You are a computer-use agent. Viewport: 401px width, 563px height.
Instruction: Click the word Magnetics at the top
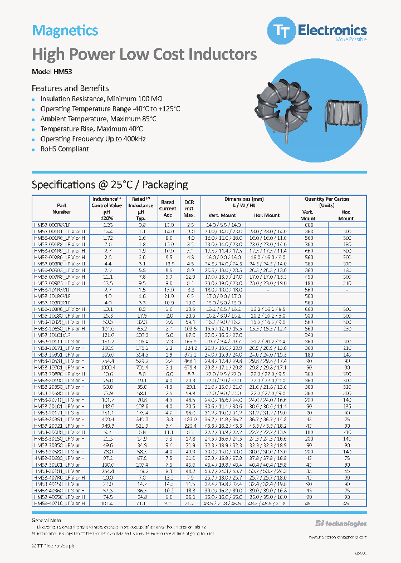coord(65,31)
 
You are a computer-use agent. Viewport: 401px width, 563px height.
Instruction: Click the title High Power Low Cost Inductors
coord(144,55)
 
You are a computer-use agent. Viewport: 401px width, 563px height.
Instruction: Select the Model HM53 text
coord(52,72)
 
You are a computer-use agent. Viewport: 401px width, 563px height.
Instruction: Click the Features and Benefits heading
coord(70,88)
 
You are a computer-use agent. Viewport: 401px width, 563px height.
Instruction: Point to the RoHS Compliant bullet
coord(65,149)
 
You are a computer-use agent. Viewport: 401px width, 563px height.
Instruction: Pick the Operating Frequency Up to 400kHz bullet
coord(93,139)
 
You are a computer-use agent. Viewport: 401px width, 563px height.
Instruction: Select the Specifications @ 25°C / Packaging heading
coord(110,185)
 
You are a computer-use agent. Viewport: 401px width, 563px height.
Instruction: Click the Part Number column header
coord(62,209)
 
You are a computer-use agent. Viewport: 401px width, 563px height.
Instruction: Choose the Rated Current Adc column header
coord(168,209)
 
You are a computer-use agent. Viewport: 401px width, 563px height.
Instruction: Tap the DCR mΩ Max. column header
coord(189,209)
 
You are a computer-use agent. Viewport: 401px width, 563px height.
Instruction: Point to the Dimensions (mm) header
coord(244,199)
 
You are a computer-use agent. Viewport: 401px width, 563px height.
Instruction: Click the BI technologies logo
coord(341,524)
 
